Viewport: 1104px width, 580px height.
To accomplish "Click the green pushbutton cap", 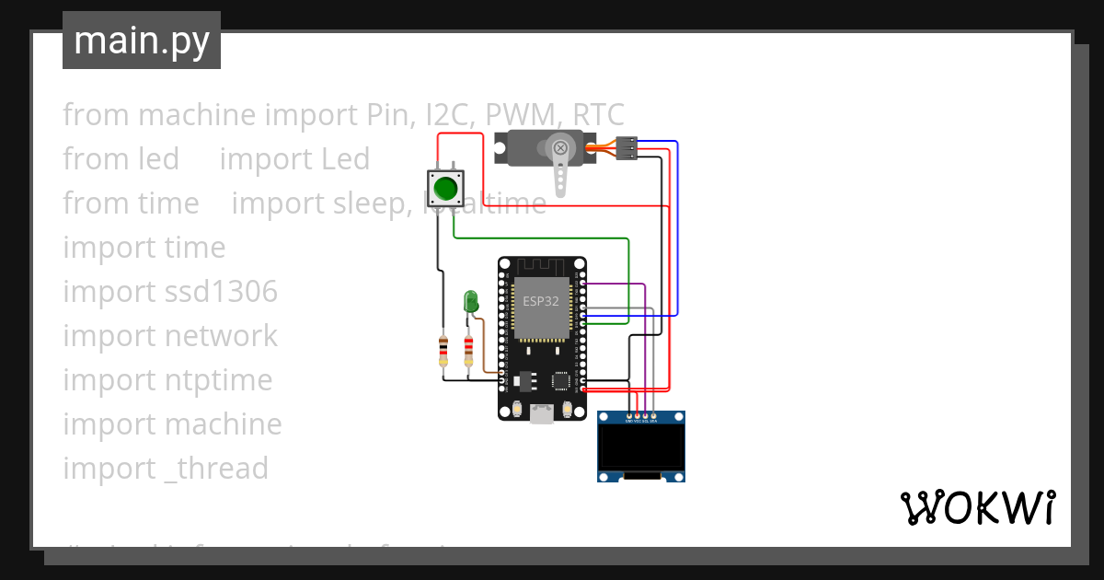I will pyautogui.click(x=446, y=188).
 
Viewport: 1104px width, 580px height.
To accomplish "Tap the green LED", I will pyautogui.click(x=471, y=301).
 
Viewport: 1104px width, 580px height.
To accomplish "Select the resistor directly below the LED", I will pyautogui.click(x=468, y=350).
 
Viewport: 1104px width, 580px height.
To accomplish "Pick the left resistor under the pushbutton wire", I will pyautogui.click(x=444, y=350).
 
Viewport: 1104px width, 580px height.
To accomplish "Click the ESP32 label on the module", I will pyautogui.click(x=540, y=301).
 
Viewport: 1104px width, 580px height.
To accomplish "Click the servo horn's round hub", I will pyautogui.click(x=559, y=148).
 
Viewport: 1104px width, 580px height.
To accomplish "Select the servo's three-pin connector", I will pyautogui.click(x=627, y=148).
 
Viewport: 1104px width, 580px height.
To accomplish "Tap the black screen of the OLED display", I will pyautogui.click(x=640, y=447).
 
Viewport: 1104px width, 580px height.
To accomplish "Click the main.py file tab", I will pyautogui.click(x=142, y=41).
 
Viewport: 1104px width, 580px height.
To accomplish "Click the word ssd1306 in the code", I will pyautogui.click(x=221, y=292).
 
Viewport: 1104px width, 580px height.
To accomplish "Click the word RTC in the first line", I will pyautogui.click(x=599, y=115).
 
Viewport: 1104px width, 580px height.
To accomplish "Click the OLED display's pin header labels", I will pyautogui.click(x=641, y=419).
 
